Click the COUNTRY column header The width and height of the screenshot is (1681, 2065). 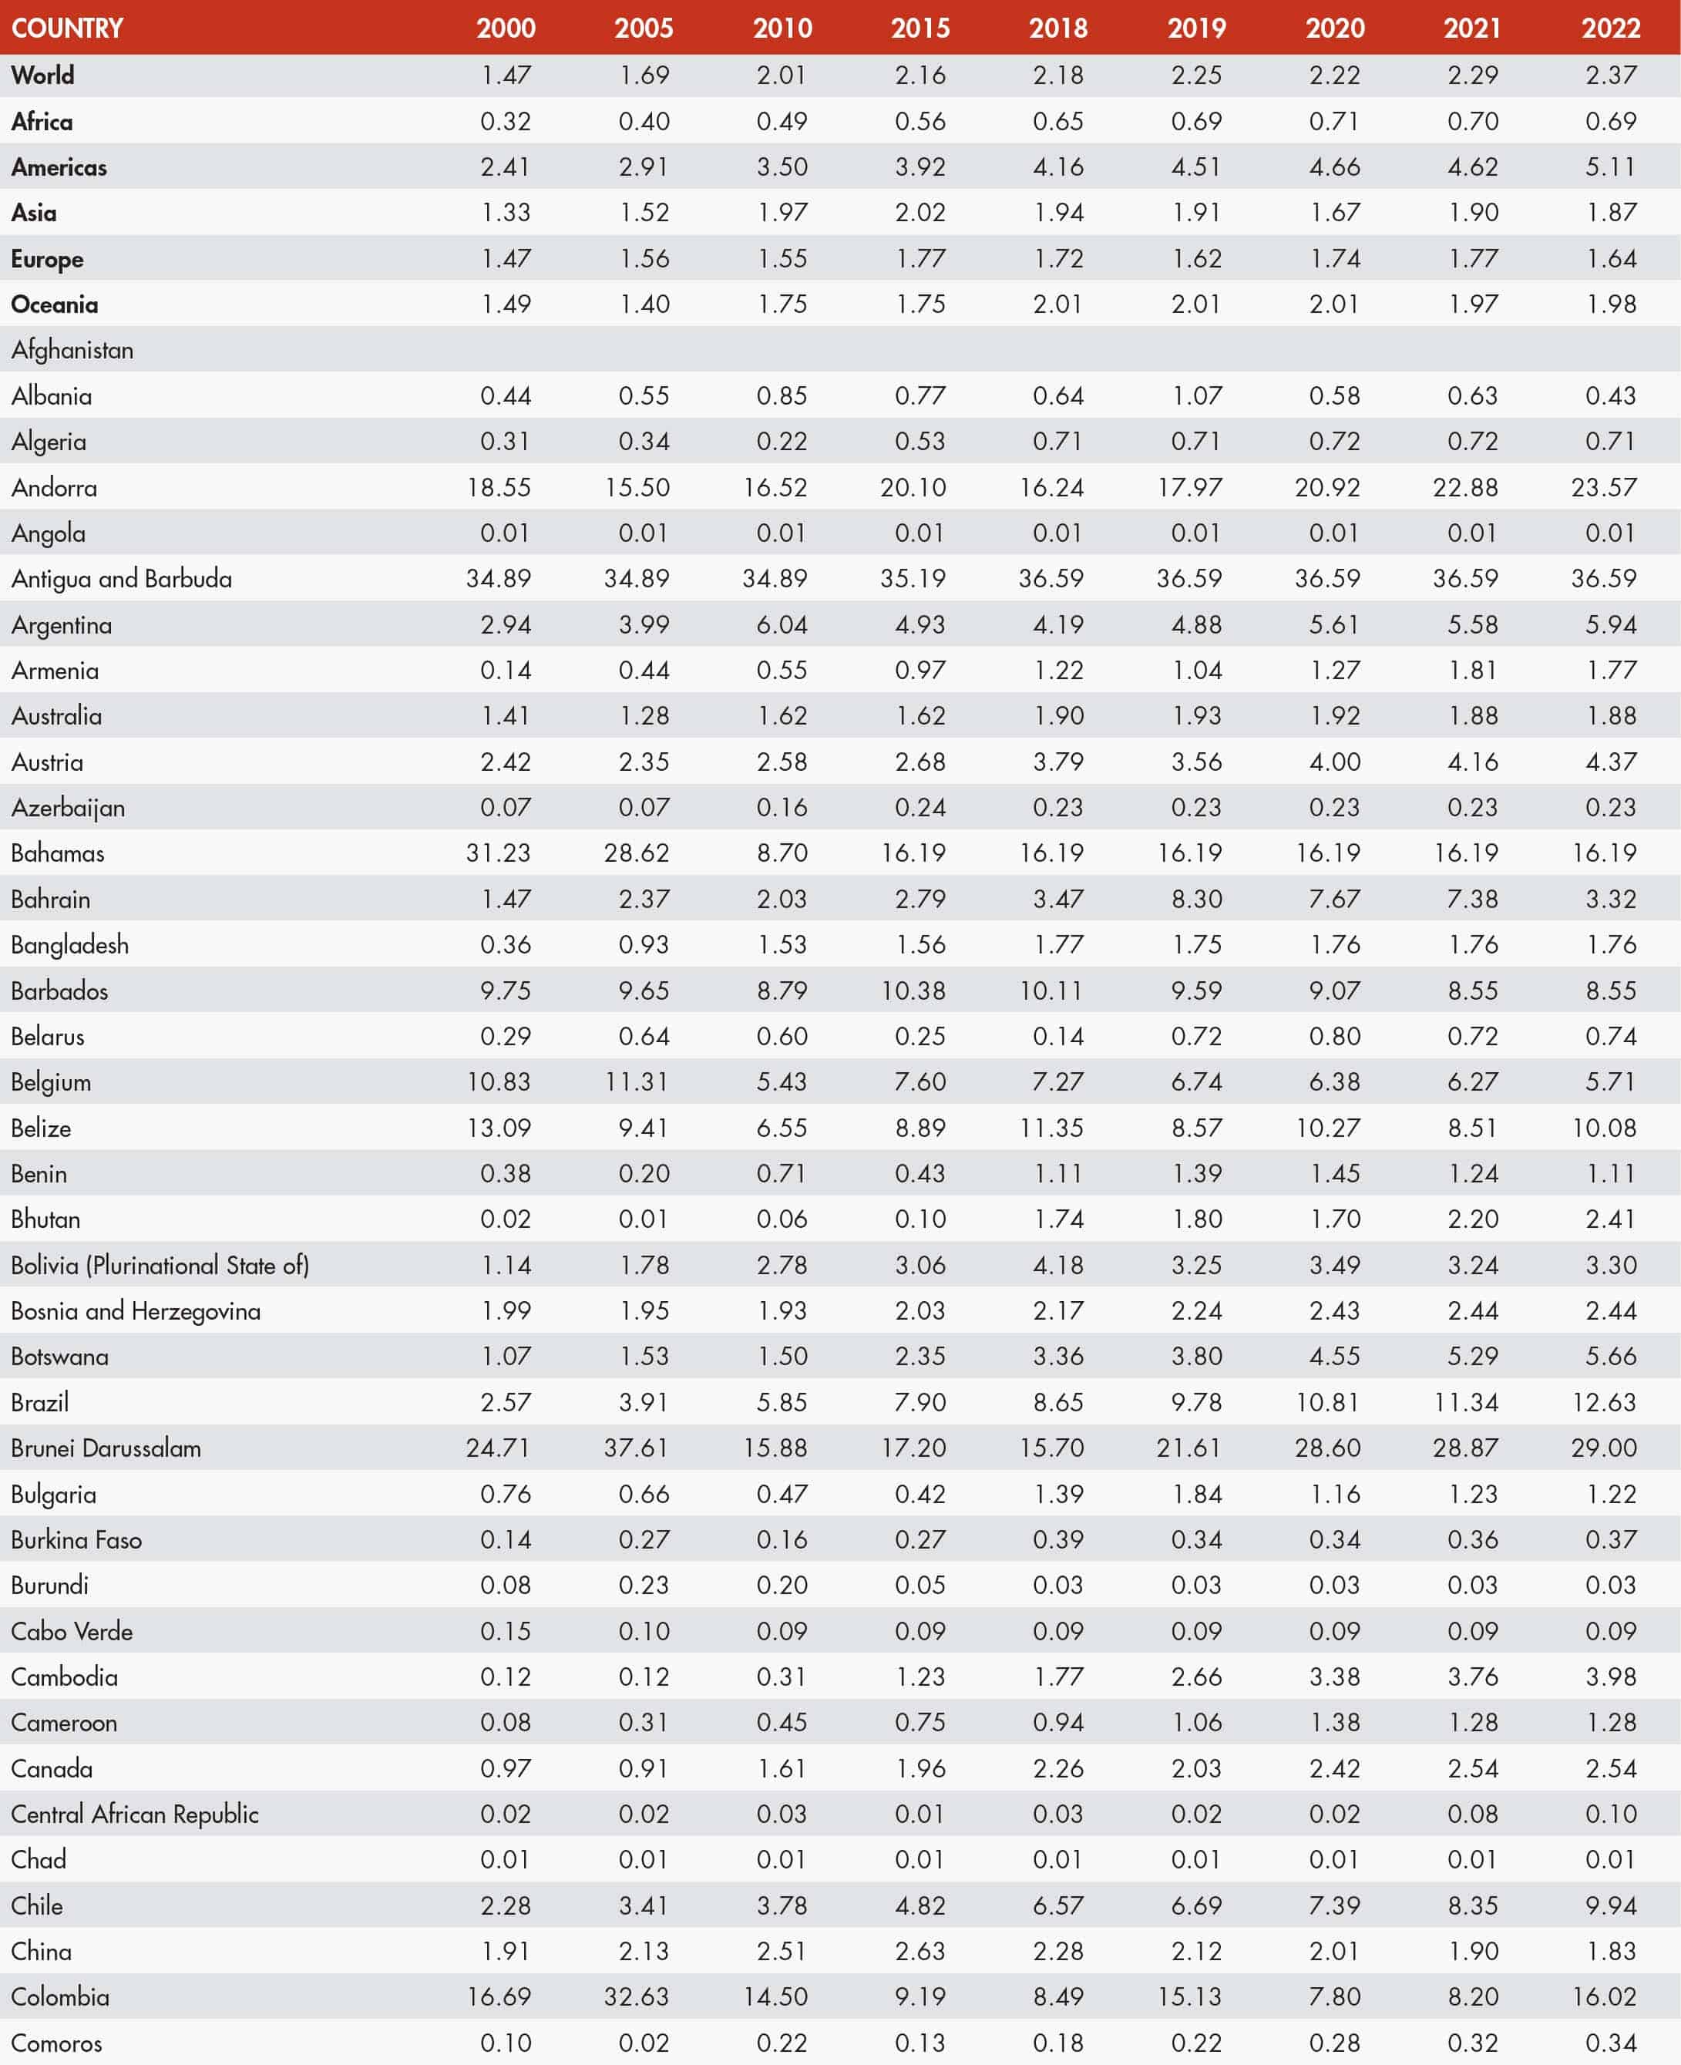coord(67,28)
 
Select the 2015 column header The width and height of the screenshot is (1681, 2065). coord(920,28)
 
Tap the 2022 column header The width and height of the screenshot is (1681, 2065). coord(1610,28)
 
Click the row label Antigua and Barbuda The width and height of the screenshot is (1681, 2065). coord(121,579)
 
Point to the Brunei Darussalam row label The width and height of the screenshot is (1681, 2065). coord(106,1448)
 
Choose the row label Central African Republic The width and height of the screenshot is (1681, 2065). coord(135,1814)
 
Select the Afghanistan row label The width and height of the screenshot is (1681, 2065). coord(72,349)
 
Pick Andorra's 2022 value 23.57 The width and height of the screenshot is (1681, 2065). coord(1603,487)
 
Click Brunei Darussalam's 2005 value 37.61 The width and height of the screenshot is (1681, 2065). coord(636,1448)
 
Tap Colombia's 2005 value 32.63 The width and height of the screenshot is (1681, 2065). coord(636,1997)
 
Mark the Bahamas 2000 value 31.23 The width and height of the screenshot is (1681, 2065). coord(498,853)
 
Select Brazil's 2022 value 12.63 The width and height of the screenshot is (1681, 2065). coord(1603,1402)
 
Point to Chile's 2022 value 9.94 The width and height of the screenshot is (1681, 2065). coord(1610,1905)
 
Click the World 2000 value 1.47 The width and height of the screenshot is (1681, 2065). coord(506,75)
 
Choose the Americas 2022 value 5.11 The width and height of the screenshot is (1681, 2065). coord(1610,166)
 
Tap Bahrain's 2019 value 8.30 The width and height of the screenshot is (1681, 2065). coord(1196,899)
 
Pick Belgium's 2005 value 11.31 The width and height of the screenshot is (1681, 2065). coord(636,1081)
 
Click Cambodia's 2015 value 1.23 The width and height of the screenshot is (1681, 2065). coord(920,1677)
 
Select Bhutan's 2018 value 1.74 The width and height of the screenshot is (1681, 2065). coord(1057,1219)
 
